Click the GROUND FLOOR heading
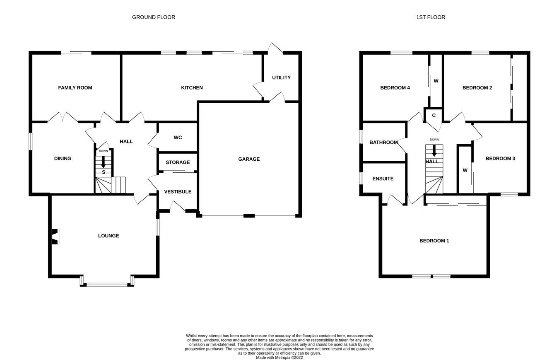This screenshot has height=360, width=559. [153, 17]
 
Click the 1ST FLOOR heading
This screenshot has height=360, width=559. [431, 17]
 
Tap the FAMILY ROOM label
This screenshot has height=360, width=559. [75, 88]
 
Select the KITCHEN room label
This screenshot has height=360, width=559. [192, 88]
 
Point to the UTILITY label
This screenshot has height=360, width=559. [281, 77]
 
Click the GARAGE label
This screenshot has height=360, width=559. [249, 159]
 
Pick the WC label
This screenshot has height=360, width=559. [178, 138]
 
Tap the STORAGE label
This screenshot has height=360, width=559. [178, 162]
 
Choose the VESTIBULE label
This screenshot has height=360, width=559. [178, 192]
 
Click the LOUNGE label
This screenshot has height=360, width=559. [108, 236]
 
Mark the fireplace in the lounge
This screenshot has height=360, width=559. [54, 237]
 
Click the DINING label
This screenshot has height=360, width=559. [63, 159]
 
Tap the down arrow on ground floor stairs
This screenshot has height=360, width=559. [103, 163]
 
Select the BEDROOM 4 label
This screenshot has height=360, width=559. [395, 88]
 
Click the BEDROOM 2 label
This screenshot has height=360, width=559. [477, 88]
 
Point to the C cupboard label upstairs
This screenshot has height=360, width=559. [434, 116]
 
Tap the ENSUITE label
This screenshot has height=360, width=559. [383, 179]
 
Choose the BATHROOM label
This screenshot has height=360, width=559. [383, 143]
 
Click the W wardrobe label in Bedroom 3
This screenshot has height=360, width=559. [465, 170]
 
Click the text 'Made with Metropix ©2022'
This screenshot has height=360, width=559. [279, 358]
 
